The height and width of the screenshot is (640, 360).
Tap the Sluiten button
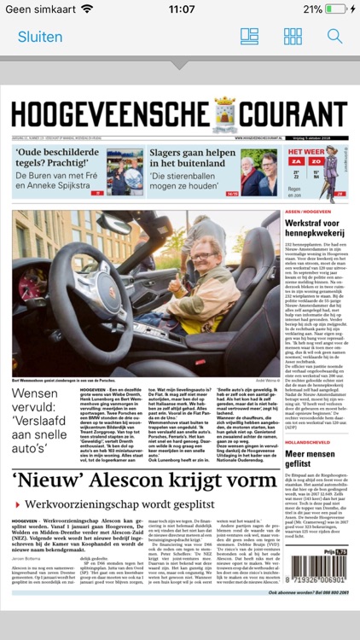pos(40,37)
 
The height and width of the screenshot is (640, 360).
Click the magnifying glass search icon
pos(335,37)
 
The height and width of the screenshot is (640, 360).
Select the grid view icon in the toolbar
pos(293,37)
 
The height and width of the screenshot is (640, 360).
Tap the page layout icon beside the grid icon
pos(249,37)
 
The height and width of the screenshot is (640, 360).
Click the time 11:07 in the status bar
pos(181,9)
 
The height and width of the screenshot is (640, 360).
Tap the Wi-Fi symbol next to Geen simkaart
pos(87,9)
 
